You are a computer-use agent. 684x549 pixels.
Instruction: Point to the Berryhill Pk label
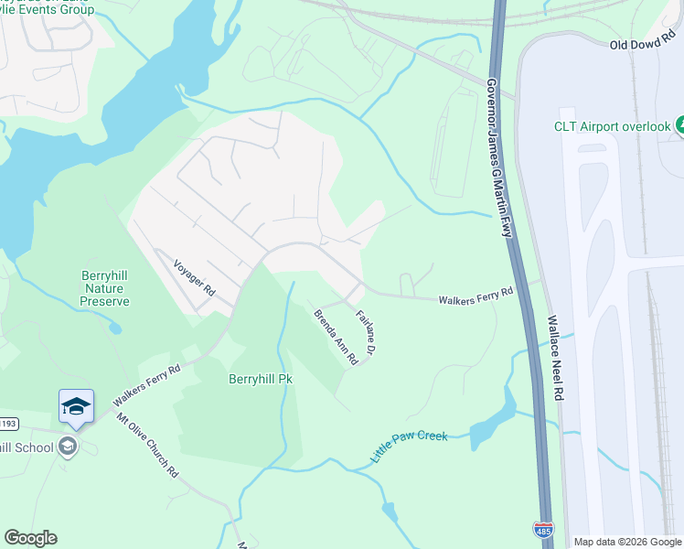click(260, 378)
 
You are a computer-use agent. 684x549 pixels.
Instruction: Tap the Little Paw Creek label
click(410, 445)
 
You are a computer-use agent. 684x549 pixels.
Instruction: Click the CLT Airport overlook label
click(612, 126)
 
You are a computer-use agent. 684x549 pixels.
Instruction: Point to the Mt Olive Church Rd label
click(146, 446)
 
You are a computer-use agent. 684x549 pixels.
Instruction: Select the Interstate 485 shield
click(542, 529)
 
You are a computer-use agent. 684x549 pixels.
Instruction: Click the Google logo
click(30, 538)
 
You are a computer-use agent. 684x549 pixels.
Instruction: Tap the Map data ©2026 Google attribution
click(627, 542)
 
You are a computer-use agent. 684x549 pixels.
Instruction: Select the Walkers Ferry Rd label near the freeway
click(476, 298)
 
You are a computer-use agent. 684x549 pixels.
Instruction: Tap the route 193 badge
click(7, 425)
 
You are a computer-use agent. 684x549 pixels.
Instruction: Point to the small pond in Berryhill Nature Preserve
click(113, 327)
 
